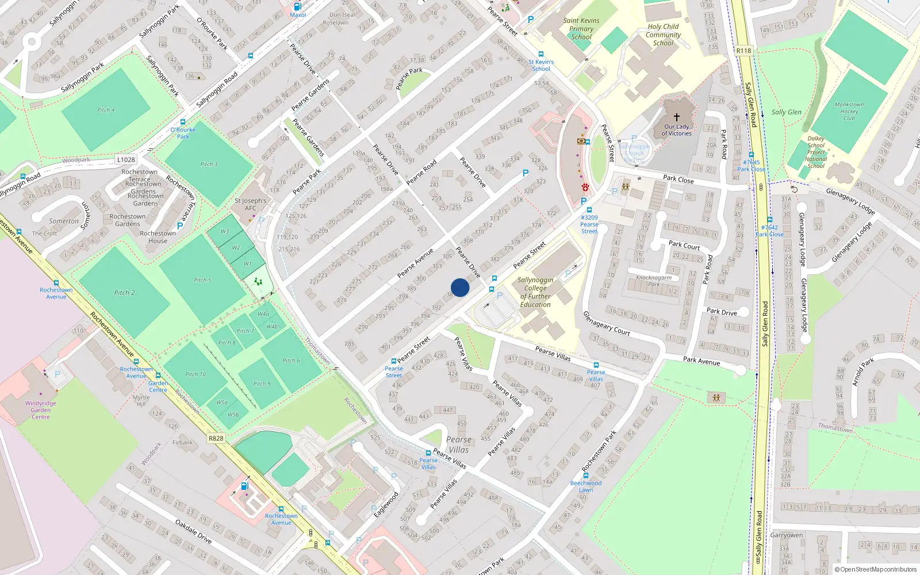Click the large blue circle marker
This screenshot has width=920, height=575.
tap(460, 287)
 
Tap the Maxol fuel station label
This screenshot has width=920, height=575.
tap(298, 15)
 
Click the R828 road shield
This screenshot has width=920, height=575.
tap(216, 438)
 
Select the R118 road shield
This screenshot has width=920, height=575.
tap(743, 51)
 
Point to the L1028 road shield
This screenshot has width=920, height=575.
tap(126, 160)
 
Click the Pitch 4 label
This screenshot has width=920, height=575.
tap(106, 110)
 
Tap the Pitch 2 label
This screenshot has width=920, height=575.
tap(124, 293)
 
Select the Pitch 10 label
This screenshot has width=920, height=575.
tap(195, 374)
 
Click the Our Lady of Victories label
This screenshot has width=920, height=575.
tap(676, 130)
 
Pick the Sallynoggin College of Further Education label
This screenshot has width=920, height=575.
tap(535, 292)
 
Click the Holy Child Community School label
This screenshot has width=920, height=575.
tap(663, 34)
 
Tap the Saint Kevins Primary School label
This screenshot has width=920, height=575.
tap(581, 29)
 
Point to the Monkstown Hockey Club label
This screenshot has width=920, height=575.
tap(849, 112)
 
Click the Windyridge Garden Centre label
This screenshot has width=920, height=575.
tap(40, 410)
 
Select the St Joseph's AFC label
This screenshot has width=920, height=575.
tap(251, 205)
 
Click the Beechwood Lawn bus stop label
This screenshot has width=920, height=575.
tap(585, 486)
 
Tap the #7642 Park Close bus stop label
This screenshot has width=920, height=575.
tap(769, 231)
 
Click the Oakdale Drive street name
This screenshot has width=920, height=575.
tap(193, 532)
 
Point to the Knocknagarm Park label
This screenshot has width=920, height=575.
tap(654, 281)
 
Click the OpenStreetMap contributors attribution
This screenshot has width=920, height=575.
tap(875, 569)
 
